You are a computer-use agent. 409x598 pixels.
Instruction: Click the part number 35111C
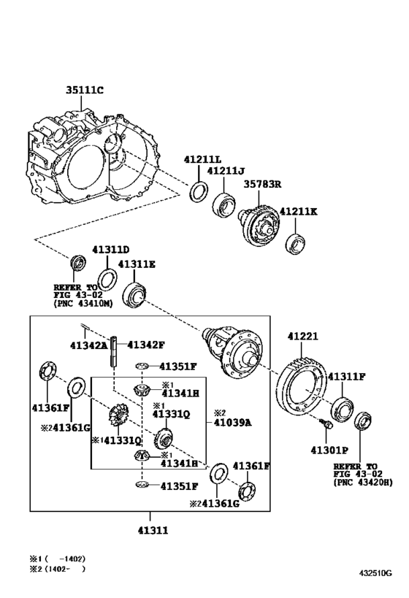tap(85, 90)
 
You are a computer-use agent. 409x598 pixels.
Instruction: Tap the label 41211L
tap(202, 159)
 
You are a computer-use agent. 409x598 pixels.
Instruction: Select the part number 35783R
tap(262, 184)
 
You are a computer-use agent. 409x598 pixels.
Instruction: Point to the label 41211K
tap(299, 211)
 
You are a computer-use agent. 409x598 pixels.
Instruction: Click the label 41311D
tap(110, 250)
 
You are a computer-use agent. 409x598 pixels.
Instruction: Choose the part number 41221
tap(302, 336)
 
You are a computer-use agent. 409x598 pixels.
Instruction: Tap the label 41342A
tap(89, 345)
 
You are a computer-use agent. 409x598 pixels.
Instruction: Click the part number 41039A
tap(232, 422)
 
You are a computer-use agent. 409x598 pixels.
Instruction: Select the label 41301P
tap(329, 450)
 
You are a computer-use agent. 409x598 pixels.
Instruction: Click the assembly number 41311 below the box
tap(153, 530)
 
